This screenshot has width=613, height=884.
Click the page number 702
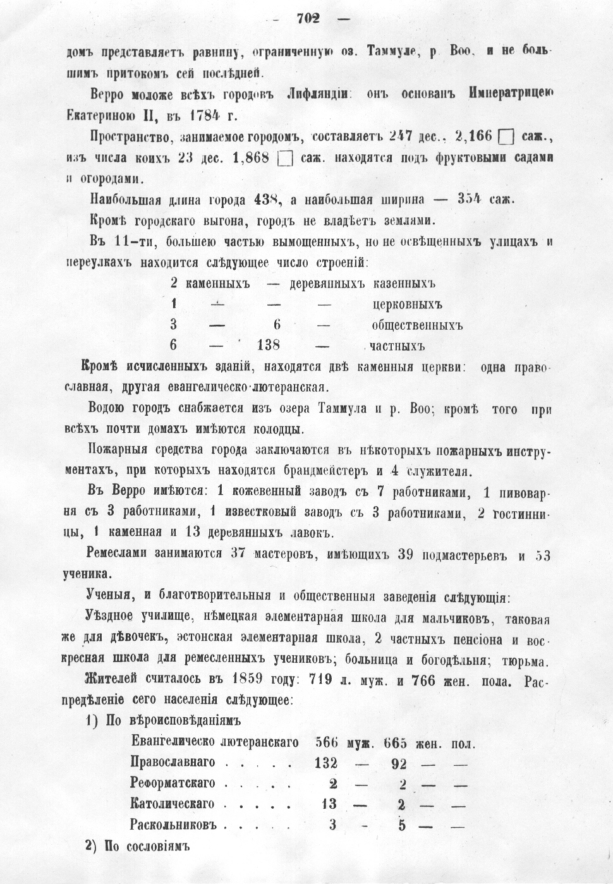coord(308,18)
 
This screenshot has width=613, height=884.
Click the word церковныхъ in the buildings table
coord(407,305)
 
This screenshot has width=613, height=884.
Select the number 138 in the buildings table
coord(269,346)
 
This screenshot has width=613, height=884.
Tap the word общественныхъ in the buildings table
coord(417,325)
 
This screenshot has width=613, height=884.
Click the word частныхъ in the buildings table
coord(397,346)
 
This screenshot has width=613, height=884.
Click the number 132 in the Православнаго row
coord(325,763)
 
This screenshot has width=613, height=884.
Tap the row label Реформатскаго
coord(173,784)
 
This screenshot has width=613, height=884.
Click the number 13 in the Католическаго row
coord(329,804)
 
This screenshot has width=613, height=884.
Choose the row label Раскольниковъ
coord(173,825)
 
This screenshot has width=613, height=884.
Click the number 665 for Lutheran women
coord(395,742)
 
